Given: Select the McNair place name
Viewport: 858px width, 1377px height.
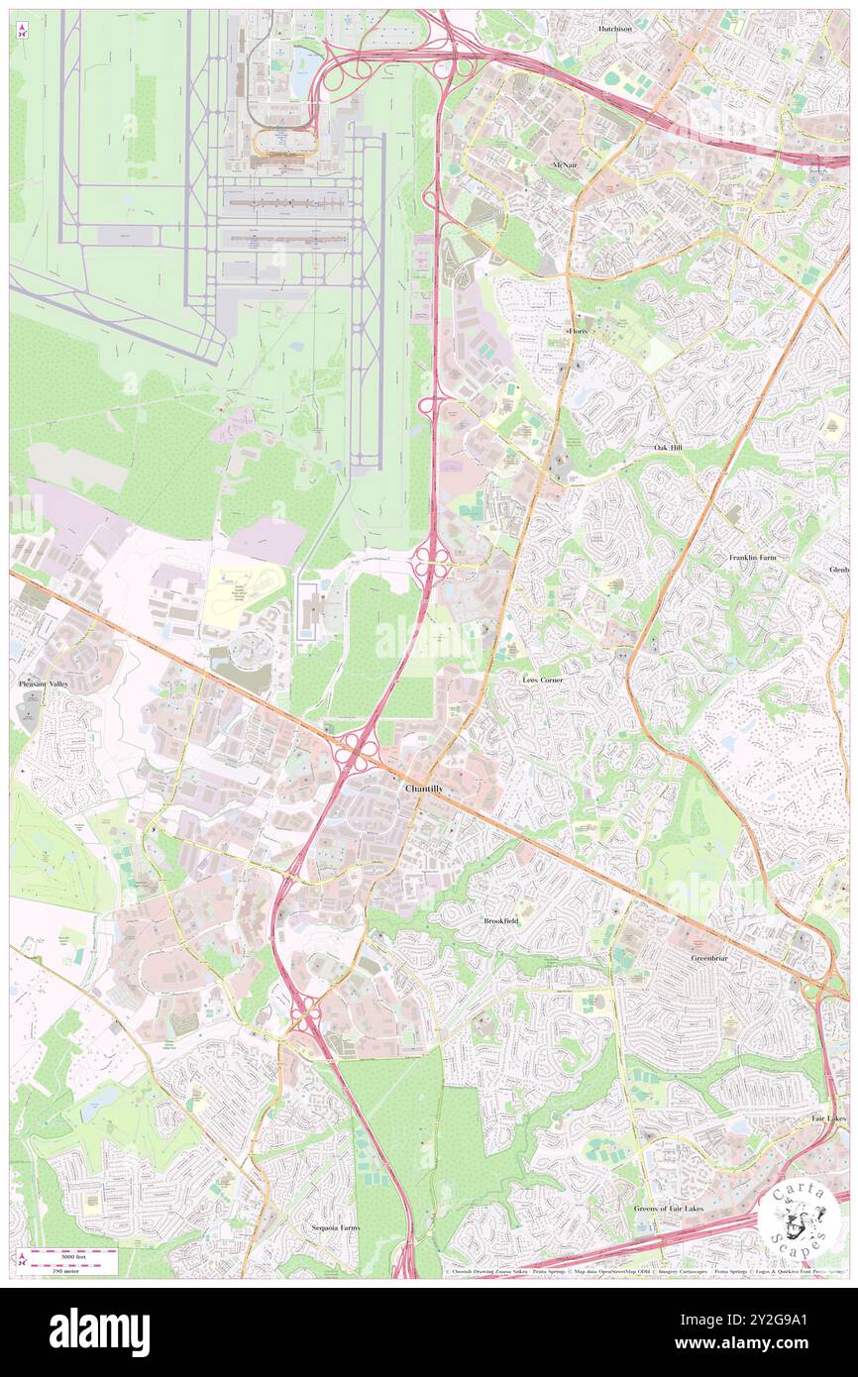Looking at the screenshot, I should click(564, 163).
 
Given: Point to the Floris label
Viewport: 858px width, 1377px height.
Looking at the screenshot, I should click(578, 330).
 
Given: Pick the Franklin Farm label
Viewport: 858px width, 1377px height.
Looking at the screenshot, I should click(753, 558).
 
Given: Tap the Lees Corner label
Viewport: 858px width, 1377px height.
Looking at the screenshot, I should click(543, 680).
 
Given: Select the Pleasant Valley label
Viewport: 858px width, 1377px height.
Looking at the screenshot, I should click(44, 685).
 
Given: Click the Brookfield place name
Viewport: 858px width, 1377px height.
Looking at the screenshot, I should click(501, 920).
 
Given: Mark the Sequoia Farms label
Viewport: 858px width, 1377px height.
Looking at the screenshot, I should click(333, 1228).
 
